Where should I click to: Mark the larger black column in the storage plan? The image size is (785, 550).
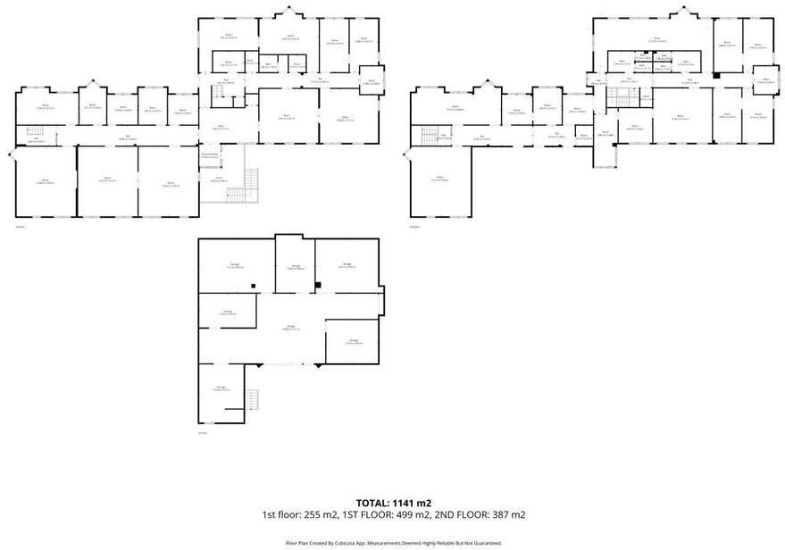(318, 285)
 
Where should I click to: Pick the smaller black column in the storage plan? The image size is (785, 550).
(254, 286)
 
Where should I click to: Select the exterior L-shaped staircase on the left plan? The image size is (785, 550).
(238, 187)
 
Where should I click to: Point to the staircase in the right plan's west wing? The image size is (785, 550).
(430, 136)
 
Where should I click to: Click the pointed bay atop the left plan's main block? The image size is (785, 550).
(289, 12)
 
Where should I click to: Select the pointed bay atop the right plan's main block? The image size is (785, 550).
(685, 12)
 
